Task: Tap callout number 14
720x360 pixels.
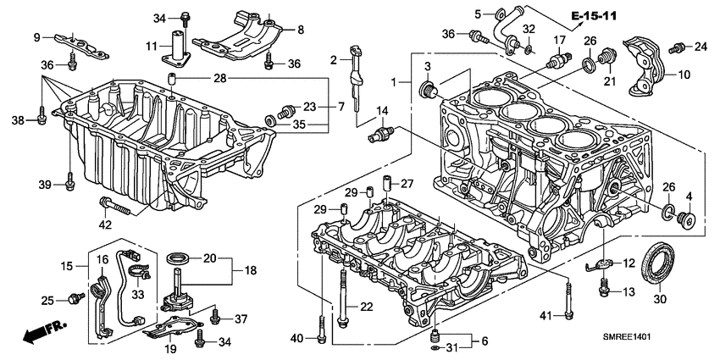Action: (382, 111)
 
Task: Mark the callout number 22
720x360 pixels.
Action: (366, 307)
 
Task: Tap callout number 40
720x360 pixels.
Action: (296, 339)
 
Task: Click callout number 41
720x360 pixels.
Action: (546, 316)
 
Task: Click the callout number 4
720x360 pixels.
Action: (688, 197)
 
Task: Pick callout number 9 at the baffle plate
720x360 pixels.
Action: (37, 36)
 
